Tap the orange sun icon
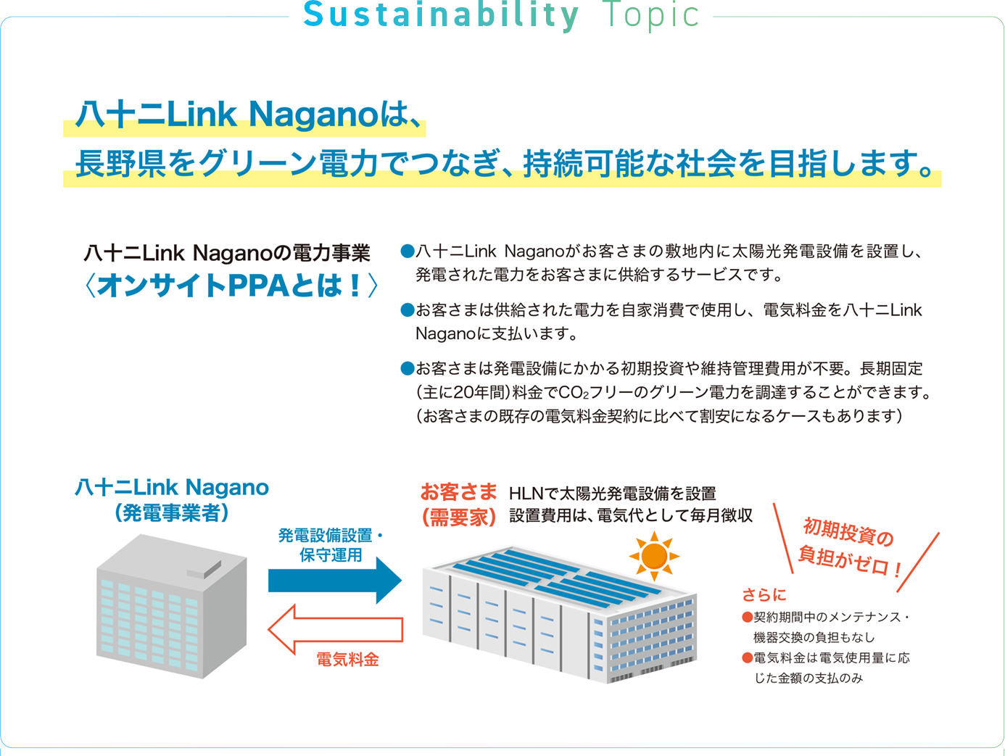coord(654,556)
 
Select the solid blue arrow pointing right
coord(335,581)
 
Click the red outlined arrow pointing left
coord(335,629)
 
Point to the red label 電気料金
coord(347,660)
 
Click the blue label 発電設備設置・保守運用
coord(331,545)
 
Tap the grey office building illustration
coord(172,607)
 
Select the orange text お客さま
coord(458,492)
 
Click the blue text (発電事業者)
coord(172,513)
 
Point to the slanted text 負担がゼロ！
coord(850,561)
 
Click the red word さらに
coord(764,595)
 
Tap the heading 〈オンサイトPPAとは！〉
coord(231,286)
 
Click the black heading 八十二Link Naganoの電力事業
coord(227,253)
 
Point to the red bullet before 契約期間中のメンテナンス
coord(748,618)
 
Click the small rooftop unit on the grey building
coord(204,570)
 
